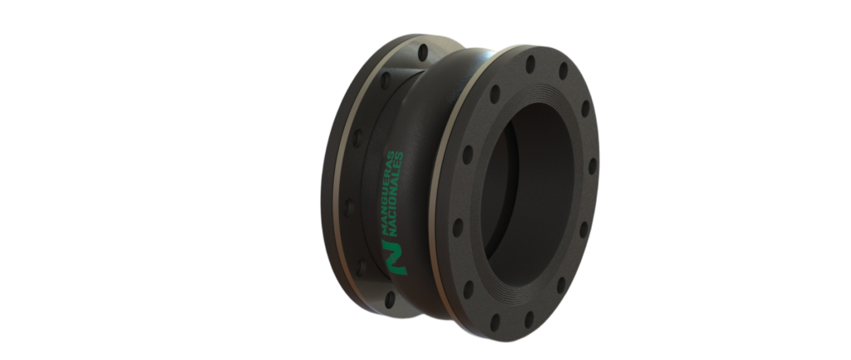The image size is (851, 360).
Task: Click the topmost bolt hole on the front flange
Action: [530, 64]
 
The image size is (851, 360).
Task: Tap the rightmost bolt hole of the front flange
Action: [592, 166]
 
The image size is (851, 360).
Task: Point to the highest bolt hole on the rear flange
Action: [423, 52]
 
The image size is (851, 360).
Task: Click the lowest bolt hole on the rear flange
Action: [390, 299]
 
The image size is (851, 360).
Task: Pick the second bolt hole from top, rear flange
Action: [386, 81]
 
